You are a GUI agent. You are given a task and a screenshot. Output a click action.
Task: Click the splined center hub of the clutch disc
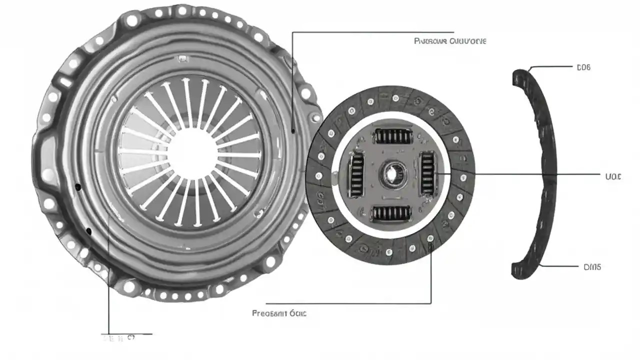[x=390, y=174]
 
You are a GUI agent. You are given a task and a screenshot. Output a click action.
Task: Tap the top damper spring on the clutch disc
[x=393, y=135]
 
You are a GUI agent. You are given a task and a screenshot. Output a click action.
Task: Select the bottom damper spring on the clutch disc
[x=391, y=213]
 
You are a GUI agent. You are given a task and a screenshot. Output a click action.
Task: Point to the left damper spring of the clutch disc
[x=356, y=174]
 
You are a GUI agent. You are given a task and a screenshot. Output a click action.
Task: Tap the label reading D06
[x=583, y=67]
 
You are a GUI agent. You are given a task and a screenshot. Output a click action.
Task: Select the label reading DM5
[x=592, y=267]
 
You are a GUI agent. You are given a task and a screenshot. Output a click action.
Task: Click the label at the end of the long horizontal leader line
[x=612, y=176]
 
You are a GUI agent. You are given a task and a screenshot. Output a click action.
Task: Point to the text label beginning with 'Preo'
[x=279, y=313]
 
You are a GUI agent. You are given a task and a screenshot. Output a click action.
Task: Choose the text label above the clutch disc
[x=450, y=41]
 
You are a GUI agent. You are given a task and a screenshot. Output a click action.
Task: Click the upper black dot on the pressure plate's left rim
[x=77, y=187]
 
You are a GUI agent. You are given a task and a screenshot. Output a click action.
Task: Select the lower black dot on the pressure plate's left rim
[x=89, y=231]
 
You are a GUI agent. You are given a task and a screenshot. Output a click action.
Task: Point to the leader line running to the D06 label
[x=550, y=66]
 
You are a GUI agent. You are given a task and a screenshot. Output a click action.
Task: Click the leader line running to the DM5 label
[x=562, y=266]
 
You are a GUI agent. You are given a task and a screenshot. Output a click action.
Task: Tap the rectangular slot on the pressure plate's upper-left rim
[x=65, y=81]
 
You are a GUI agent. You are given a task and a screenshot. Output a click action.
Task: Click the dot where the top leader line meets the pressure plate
[x=292, y=131]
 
